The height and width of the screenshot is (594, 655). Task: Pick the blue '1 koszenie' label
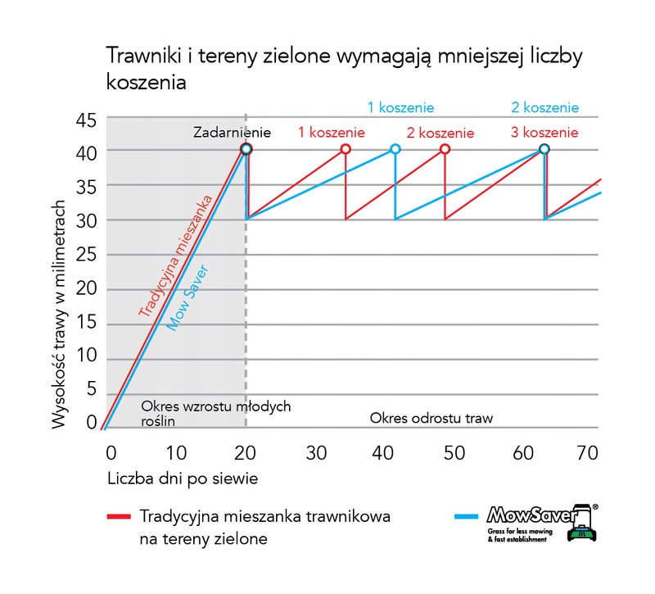click(x=400, y=107)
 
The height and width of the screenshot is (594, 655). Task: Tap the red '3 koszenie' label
click(x=544, y=132)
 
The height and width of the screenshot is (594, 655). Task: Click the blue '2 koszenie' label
click(x=544, y=107)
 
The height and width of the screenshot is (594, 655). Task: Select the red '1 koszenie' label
click(x=332, y=132)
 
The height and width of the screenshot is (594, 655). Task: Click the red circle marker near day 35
click(x=346, y=149)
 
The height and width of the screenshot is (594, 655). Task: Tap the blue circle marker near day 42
click(x=395, y=149)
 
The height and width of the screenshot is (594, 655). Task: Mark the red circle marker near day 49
click(x=445, y=149)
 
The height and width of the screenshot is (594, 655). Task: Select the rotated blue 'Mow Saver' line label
click(x=187, y=298)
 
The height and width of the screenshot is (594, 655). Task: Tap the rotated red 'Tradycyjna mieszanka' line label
click(x=175, y=256)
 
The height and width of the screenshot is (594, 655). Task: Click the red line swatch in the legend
click(x=119, y=518)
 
